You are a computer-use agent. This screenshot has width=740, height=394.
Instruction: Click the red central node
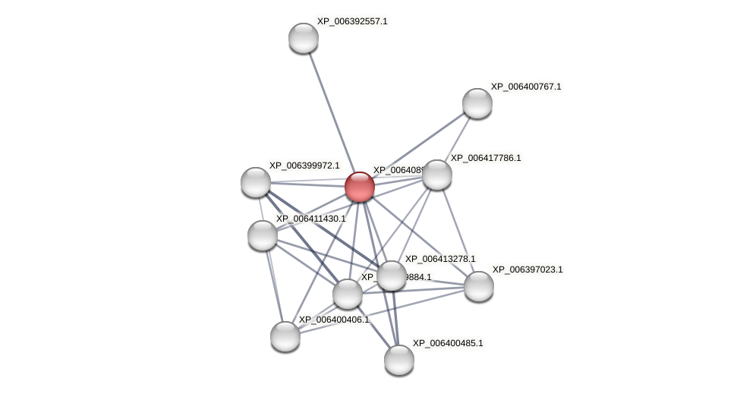(x=360, y=187)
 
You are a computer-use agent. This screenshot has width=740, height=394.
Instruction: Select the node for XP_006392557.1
(x=304, y=38)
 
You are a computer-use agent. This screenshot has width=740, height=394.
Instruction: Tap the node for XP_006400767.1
(x=477, y=103)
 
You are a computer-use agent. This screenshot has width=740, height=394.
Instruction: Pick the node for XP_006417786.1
(x=437, y=175)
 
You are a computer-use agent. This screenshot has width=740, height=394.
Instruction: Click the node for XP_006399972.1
(x=256, y=182)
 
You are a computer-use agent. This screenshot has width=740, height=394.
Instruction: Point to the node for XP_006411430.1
(x=263, y=235)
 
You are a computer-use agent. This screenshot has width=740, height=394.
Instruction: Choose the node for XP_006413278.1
(x=392, y=276)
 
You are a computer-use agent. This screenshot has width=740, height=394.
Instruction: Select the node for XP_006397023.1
(x=479, y=286)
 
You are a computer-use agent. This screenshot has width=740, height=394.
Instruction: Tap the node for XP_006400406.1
(x=285, y=336)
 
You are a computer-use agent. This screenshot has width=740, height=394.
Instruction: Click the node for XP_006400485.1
(x=399, y=360)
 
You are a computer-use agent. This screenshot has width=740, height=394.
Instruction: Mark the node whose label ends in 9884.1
(x=348, y=294)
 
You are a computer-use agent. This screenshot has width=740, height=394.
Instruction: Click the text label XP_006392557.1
(x=352, y=21)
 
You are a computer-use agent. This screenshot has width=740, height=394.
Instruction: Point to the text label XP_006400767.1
(x=526, y=87)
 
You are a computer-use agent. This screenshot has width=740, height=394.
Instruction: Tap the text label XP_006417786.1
(x=486, y=158)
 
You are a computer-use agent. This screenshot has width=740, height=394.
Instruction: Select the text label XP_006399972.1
(x=304, y=165)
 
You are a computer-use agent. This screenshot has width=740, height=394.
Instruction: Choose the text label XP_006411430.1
(x=310, y=219)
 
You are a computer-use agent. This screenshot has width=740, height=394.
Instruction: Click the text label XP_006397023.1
(x=527, y=269)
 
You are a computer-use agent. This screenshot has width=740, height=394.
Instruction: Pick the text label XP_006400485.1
(x=448, y=343)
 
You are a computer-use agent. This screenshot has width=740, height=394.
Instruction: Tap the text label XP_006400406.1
(x=333, y=320)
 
